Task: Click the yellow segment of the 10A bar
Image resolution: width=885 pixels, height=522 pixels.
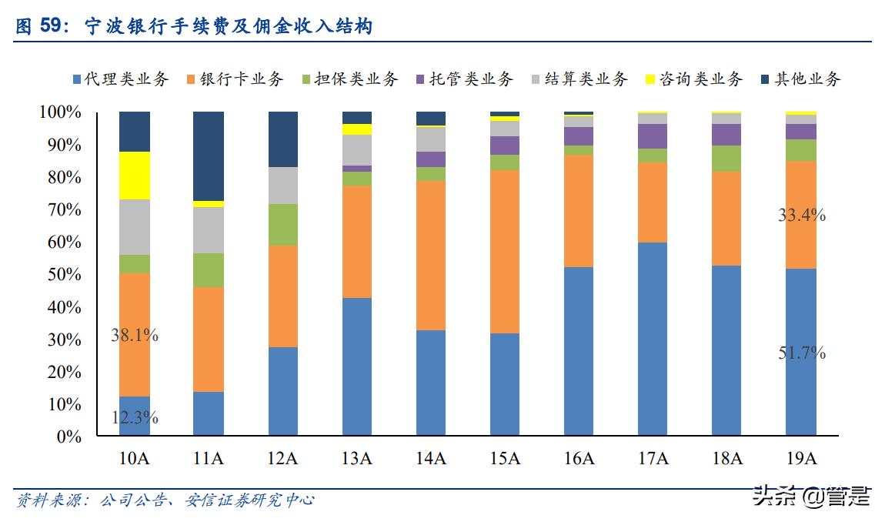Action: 135,176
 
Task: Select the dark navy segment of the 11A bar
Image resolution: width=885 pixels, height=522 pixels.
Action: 209,156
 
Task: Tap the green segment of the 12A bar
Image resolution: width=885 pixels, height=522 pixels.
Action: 282,224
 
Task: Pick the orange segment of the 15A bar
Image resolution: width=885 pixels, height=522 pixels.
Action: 505,251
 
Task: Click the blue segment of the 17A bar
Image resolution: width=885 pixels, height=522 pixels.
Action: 653,339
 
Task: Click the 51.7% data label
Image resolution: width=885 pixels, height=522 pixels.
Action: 801,353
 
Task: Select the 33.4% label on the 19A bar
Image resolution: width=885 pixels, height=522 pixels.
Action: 801,216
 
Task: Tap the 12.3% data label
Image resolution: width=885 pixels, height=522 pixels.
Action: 135,418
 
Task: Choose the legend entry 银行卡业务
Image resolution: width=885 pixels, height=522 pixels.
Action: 234,79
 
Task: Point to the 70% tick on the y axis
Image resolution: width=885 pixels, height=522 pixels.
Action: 60,209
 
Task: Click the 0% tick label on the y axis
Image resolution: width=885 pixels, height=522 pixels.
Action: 65,437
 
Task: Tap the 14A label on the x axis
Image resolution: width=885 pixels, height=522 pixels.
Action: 431,459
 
